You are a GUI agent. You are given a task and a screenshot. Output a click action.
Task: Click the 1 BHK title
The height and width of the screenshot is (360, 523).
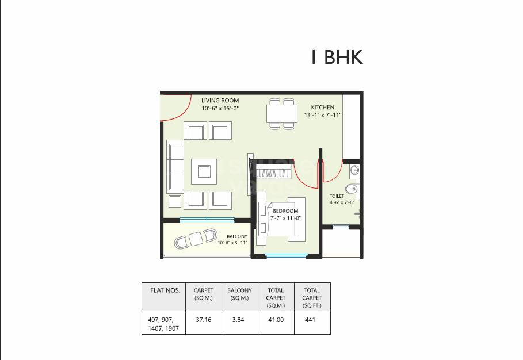[337, 58]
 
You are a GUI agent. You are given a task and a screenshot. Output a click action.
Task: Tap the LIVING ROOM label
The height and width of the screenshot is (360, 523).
[220, 101]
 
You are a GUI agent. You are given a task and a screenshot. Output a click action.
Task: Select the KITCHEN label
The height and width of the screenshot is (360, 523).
[322, 108]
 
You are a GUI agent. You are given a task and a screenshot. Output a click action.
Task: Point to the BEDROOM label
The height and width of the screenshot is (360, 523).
[285, 211]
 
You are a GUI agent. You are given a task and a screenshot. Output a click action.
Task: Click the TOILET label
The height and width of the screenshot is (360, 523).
[337, 196]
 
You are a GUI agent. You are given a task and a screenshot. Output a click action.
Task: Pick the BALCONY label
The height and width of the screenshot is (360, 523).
[237, 236]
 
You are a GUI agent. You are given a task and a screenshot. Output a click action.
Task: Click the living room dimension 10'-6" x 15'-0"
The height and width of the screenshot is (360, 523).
[220, 108]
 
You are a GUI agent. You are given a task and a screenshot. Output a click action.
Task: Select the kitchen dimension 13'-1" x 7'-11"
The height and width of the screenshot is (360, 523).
[323, 115]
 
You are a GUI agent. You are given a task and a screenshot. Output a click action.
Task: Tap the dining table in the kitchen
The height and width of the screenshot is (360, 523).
[281, 113]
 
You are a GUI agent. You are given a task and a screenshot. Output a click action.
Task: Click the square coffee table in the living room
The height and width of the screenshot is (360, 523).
[204, 171]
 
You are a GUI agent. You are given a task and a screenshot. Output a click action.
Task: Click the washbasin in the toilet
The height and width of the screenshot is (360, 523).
[354, 170]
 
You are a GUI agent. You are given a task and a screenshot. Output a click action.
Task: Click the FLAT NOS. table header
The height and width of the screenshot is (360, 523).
[165, 290]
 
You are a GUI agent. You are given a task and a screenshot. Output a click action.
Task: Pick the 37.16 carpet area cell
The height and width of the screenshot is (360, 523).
[204, 320]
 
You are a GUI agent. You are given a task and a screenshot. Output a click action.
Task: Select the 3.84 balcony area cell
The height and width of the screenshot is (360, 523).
[239, 320]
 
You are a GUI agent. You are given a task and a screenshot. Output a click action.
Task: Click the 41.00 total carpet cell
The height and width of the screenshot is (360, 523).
[276, 320]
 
